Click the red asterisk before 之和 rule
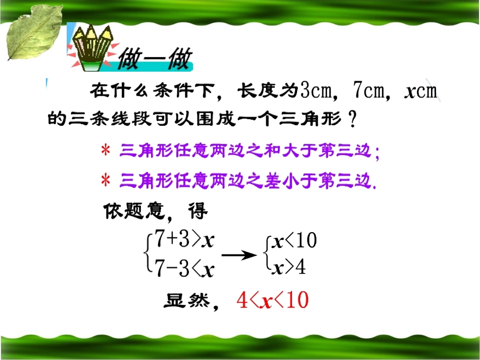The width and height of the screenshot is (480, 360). click(106, 151)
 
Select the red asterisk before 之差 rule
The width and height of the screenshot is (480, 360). click(106, 181)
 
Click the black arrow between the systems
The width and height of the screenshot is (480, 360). click(239, 255)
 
